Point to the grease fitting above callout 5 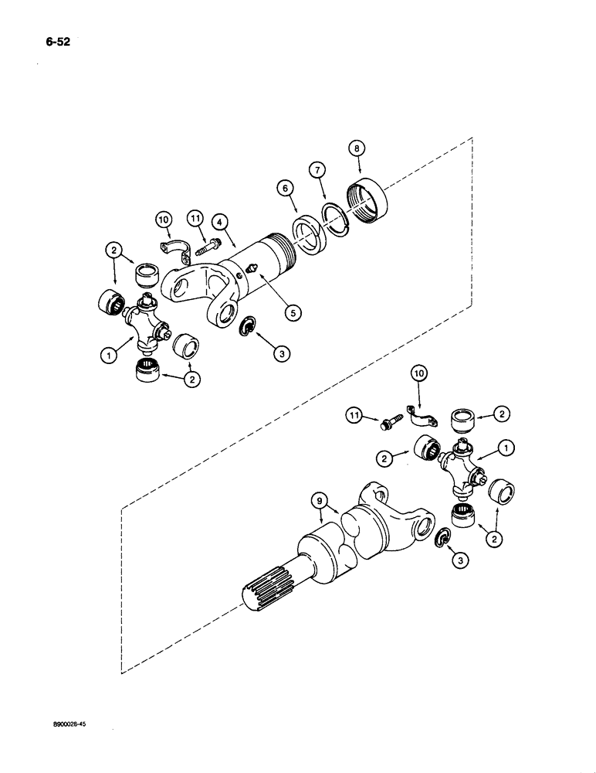coord(253,269)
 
